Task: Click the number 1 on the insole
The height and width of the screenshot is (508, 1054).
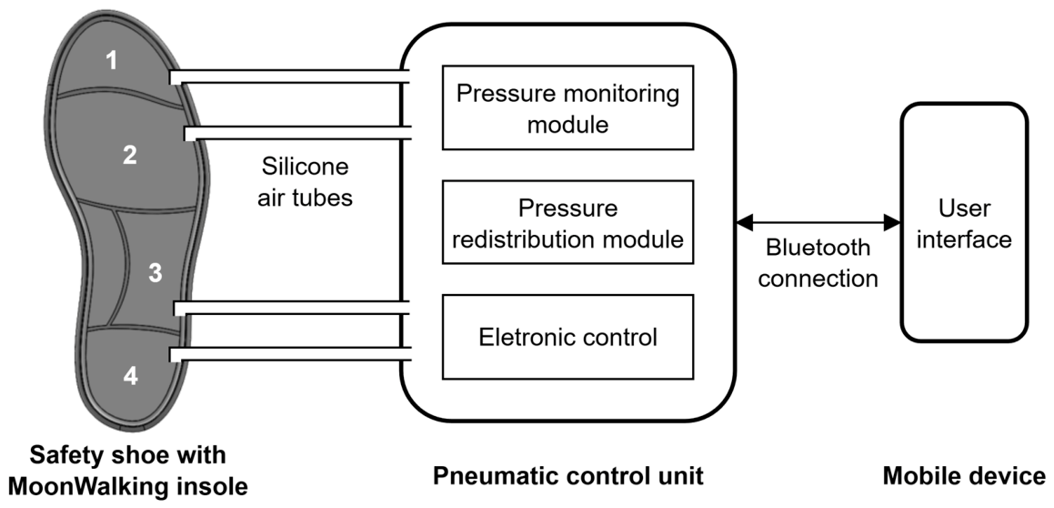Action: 112,61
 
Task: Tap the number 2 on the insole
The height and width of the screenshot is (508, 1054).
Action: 130,156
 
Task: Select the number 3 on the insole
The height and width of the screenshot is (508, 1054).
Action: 156,273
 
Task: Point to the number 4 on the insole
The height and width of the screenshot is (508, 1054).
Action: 130,376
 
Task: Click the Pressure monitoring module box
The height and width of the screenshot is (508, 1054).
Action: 567,107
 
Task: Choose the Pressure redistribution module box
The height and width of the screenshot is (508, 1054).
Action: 567,222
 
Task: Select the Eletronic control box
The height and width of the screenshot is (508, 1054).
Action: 567,337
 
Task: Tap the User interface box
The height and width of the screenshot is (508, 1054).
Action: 964,222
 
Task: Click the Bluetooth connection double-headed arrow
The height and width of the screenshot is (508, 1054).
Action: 818,222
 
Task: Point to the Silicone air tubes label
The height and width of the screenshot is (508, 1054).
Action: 305,182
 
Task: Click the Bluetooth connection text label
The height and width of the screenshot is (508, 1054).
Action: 818,263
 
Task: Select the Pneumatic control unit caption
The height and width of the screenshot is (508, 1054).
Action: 568,476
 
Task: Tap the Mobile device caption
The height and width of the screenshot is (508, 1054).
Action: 964,476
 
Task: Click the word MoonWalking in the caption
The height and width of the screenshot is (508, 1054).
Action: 100,485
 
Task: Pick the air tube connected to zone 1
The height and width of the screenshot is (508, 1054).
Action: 289,76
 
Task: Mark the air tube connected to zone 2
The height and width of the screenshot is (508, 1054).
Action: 296,132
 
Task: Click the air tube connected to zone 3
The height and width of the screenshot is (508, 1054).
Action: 291,308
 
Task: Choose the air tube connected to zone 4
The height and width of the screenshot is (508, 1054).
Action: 289,354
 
